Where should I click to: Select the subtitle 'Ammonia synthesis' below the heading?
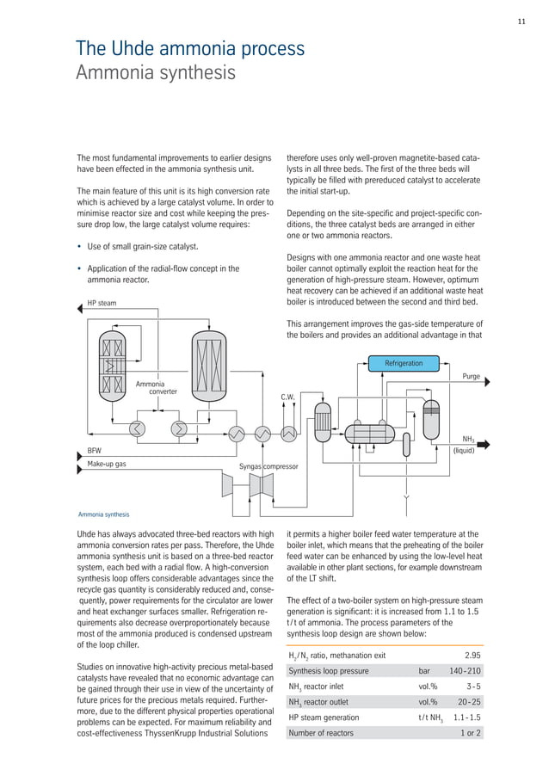click(x=155, y=72)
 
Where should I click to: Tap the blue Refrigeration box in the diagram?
click(x=404, y=363)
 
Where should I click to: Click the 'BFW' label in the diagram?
click(x=94, y=450)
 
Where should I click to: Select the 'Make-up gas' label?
click(x=107, y=464)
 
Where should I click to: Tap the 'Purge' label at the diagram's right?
click(x=471, y=377)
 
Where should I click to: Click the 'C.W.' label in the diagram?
click(x=287, y=397)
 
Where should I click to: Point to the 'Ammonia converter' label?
click(x=156, y=386)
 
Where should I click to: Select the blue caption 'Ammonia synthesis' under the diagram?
click(x=103, y=514)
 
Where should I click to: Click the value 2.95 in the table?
click(x=472, y=655)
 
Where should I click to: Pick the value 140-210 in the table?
click(x=465, y=671)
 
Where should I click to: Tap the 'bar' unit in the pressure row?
click(x=424, y=671)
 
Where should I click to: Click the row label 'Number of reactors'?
click(x=321, y=733)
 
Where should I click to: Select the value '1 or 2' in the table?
click(x=471, y=733)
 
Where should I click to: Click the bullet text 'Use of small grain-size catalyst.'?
click(x=143, y=247)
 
